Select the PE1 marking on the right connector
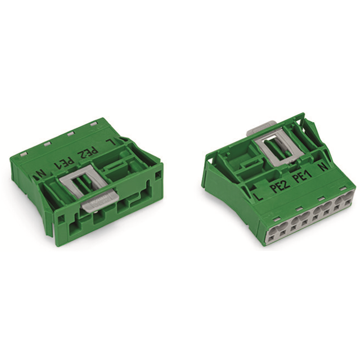pos(303,178)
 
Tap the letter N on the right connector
pos(323,167)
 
